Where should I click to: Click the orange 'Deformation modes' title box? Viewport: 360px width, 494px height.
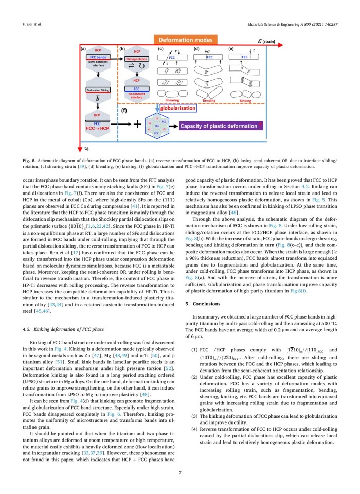(x=183, y=40)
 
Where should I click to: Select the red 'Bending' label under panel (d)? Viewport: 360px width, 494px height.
(x=209, y=101)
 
